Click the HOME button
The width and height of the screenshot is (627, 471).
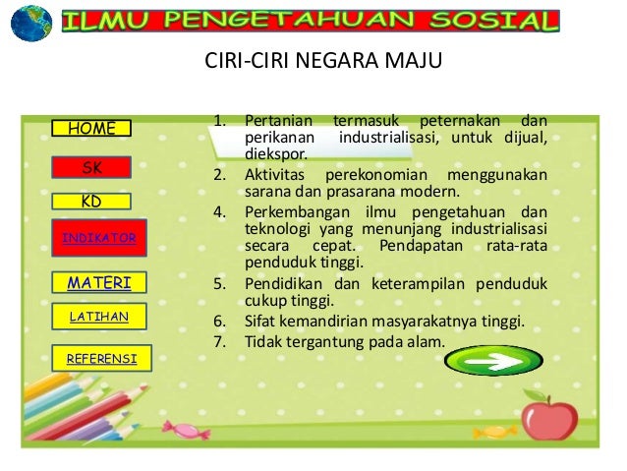click(x=91, y=128)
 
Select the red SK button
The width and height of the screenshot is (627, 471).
click(x=91, y=168)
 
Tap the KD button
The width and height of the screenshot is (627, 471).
click(x=91, y=202)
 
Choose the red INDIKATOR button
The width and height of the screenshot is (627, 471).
click(x=98, y=239)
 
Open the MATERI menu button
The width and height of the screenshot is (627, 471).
click(x=98, y=283)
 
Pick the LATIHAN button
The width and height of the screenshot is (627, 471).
click(x=98, y=316)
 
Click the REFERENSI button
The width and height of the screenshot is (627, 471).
click(x=102, y=359)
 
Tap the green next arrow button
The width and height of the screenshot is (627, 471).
click(x=492, y=361)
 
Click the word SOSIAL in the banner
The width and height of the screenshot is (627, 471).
click(x=499, y=21)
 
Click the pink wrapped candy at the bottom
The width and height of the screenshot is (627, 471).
click(x=186, y=430)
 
